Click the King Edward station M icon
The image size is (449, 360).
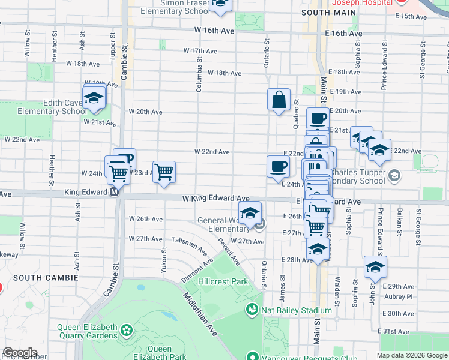coord(113,193)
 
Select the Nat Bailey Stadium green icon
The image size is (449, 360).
coord(252,310)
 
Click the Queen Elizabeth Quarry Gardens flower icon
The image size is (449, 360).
coord(127,330)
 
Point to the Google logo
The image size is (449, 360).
coord(19,353)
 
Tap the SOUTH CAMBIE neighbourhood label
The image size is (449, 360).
coord(46,278)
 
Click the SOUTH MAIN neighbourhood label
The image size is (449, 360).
coord(325,12)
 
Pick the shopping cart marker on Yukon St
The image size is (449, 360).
coord(164,172)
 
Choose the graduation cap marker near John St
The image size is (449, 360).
coord(375,267)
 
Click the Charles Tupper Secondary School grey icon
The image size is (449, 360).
coord(394,175)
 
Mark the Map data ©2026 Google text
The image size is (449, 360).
coord(411,355)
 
